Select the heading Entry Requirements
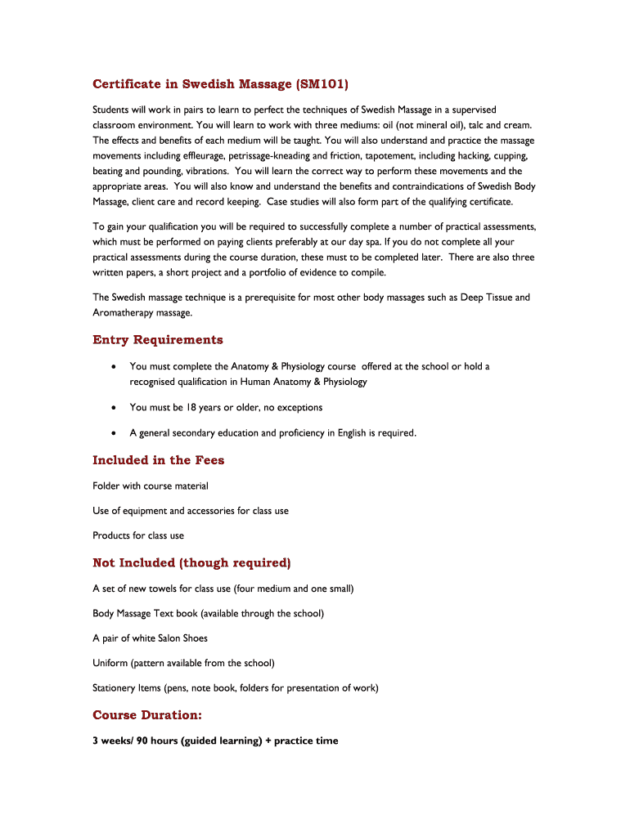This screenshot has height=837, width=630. pyautogui.click(x=158, y=340)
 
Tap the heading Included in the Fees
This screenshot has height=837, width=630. pyautogui.click(x=159, y=460)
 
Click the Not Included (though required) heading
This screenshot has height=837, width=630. pyautogui.click(x=191, y=563)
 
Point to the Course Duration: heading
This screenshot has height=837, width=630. pyautogui.click(x=147, y=715)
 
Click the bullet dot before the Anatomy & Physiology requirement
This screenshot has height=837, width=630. pyautogui.click(x=114, y=367)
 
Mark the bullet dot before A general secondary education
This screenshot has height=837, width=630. pyautogui.click(x=114, y=433)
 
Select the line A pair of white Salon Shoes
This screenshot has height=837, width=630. pyautogui.click(x=151, y=638)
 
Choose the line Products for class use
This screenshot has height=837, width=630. pyautogui.click(x=138, y=536)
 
